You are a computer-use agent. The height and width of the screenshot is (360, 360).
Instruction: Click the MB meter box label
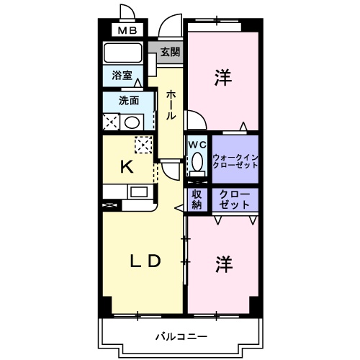click(x=127, y=30)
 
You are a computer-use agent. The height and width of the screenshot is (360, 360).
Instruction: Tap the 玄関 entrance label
click(x=171, y=52)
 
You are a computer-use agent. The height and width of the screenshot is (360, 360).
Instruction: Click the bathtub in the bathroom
click(x=123, y=53)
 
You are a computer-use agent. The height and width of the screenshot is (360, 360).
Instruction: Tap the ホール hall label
click(x=171, y=104)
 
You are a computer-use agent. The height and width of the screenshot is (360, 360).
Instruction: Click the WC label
click(x=197, y=143)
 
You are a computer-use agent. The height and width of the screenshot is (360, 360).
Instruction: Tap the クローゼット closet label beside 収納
click(x=235, y=199)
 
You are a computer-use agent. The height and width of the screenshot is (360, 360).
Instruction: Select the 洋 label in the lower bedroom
click(x=223, y=264)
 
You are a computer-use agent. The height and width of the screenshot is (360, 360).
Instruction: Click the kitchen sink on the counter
click(x=138, y=192)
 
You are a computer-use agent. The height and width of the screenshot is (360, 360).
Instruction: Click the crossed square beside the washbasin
click(x=112, y=122)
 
